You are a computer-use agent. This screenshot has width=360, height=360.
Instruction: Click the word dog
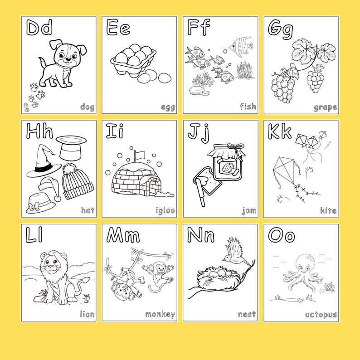[x=87, y=107]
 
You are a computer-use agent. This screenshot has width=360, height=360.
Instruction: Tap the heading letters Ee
[x=118, y=28]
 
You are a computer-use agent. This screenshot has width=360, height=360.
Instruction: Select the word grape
[x=325, y=107]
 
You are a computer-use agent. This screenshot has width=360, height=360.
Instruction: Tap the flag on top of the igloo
[x=137, y=154]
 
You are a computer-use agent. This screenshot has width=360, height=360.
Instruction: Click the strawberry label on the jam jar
[x=226, y=168]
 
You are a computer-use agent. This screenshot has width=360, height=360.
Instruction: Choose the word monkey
[x=160, y=314]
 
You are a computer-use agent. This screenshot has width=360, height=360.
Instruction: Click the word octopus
[x=321, y=314]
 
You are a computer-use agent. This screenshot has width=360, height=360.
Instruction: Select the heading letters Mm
[x=123, y=235]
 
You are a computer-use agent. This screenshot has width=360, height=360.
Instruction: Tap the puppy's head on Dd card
[x=63, y=55]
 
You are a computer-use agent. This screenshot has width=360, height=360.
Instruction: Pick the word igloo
[x=165, y=210]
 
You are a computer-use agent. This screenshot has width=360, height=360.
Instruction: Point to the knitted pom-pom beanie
[x=77, y=181]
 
